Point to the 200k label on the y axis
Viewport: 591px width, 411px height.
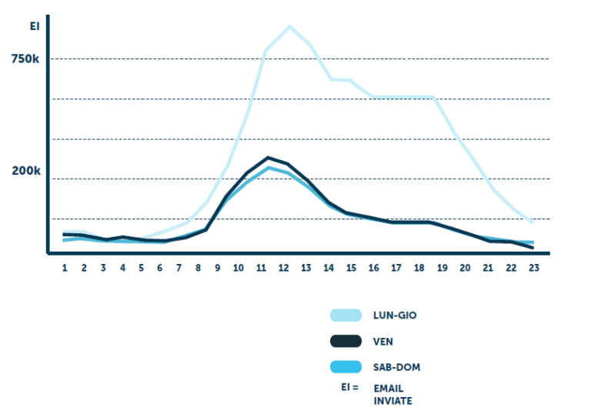click(x=25, y=171)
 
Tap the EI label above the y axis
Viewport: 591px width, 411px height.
click(x=34, y=26)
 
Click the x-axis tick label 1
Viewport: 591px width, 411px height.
click(x=65, y=268)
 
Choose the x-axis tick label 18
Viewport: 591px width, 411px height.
click(x=419, y=268)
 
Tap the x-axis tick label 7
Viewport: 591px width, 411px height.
click(x=179, y=268)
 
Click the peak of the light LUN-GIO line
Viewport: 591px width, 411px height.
click(x=289, y=27)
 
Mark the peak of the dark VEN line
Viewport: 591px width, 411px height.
click(x=267, y=158)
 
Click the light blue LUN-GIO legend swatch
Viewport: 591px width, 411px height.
click(x=346, y=315)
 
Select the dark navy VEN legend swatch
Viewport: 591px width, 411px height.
click(x=346, y=341)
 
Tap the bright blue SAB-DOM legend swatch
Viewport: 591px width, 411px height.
click(x=346, y=367)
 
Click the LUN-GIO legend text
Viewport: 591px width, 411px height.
click(x=395, y=315)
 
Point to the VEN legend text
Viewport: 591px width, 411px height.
click(x=383, y=341)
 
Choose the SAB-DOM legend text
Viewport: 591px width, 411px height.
click(x=396, y=367)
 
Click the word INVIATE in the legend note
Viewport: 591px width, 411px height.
click(x=392, y=401)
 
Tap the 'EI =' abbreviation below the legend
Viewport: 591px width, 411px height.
click(x=350, y=387)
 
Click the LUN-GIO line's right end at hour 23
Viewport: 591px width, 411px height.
click(x=532, y=222)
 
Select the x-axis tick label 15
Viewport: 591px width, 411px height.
click(x=351, y=268)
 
